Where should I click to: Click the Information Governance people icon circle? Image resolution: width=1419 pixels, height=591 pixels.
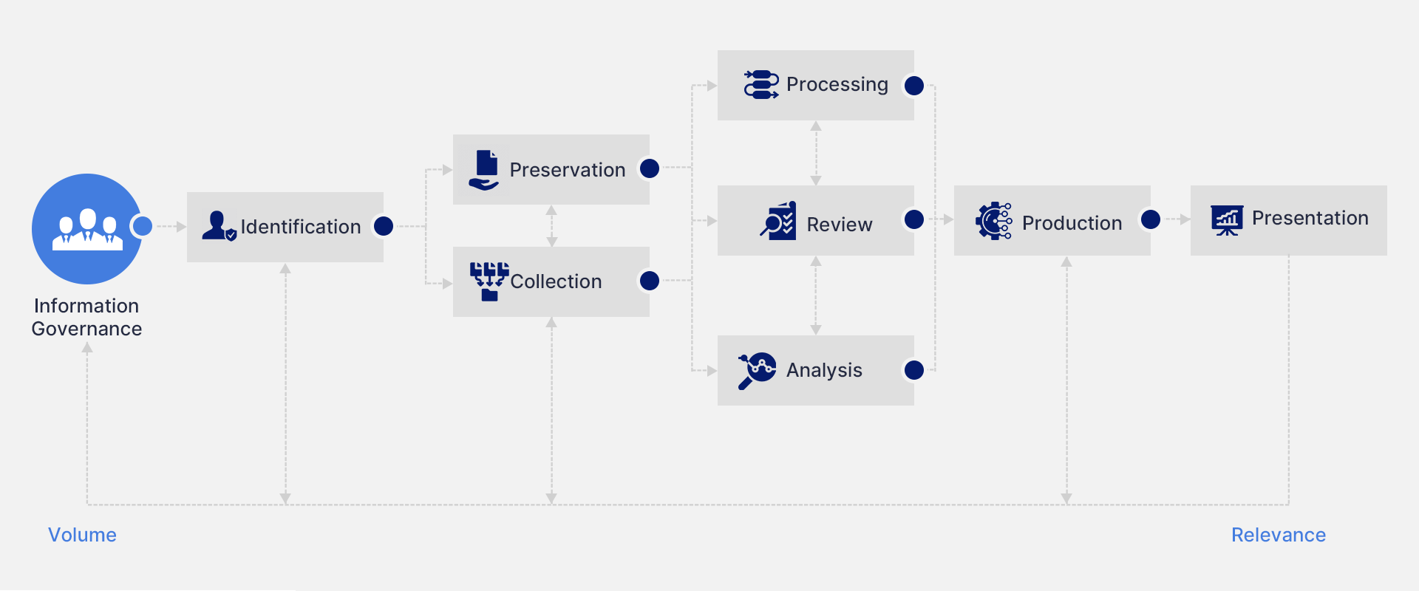87,229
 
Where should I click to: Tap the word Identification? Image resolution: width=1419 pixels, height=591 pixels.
301,227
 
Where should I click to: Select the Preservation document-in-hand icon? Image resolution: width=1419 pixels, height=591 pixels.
484,171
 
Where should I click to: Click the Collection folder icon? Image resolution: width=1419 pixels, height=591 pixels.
489,281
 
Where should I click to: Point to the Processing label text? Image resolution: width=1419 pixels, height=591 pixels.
837,85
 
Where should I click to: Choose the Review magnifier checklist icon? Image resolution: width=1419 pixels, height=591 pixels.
778,221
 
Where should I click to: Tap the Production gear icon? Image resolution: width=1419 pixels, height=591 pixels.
993,221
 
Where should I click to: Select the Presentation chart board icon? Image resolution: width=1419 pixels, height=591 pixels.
1227,220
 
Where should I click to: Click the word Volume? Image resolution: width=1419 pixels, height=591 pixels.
82,535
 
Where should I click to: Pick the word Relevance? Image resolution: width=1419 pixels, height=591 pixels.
1278,535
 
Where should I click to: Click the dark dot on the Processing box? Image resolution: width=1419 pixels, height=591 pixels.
914,86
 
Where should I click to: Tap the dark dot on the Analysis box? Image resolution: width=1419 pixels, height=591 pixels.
914,370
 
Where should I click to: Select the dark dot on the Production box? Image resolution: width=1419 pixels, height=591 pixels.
1151,219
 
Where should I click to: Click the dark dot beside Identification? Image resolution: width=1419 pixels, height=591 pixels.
384,226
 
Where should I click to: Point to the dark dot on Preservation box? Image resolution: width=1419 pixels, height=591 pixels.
650,168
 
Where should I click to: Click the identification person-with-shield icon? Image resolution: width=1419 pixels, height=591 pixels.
219,226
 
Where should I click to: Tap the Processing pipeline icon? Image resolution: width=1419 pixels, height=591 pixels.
761,85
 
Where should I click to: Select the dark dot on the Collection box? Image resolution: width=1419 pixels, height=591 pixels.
650,281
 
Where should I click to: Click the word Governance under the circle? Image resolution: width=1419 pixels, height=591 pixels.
86,329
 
